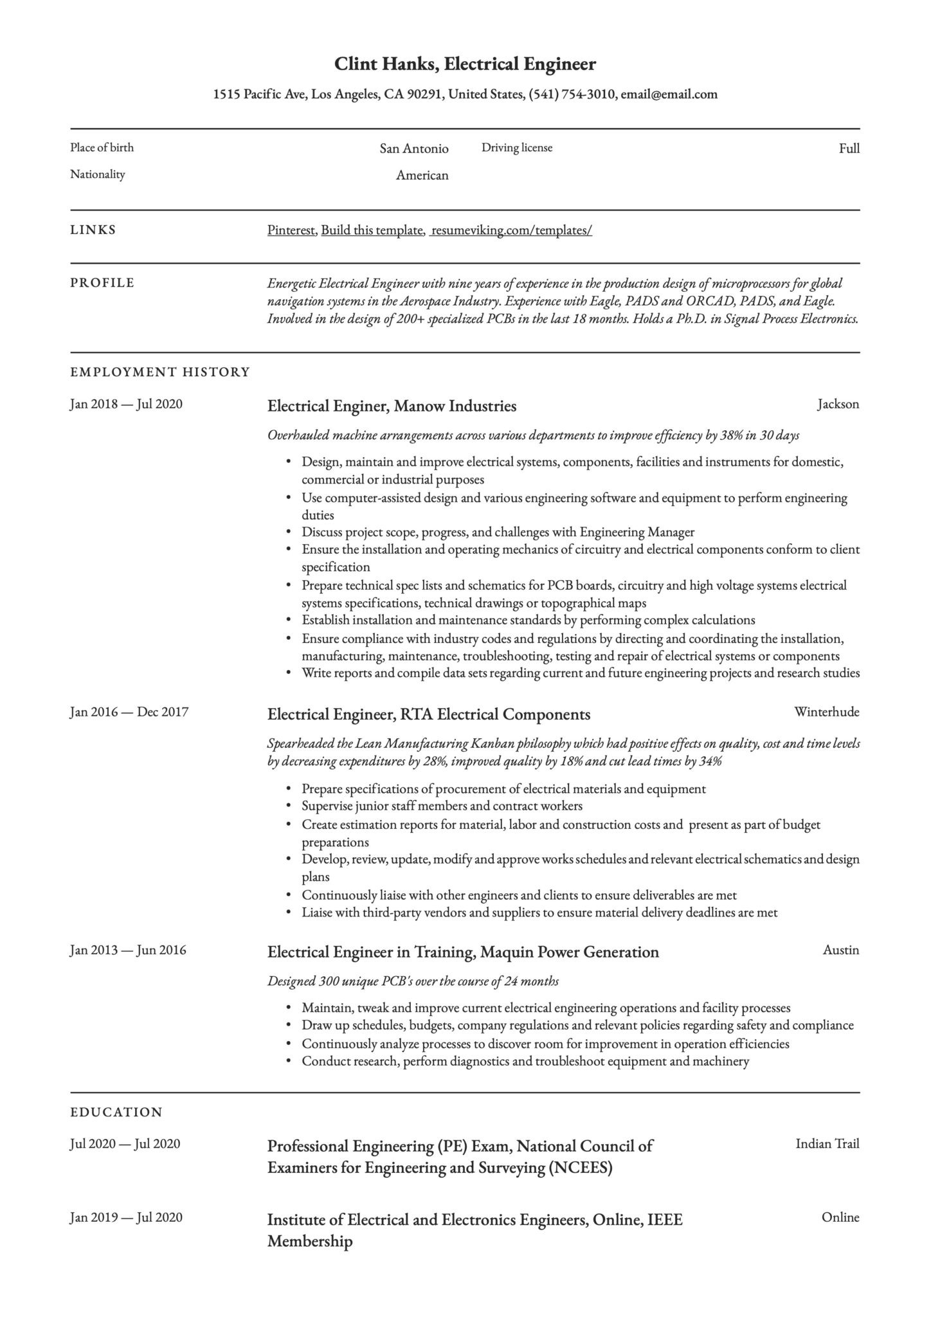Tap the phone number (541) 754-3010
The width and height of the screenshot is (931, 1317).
coord(572,95)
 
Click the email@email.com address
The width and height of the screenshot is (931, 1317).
coord(669,95)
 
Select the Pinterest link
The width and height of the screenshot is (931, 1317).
coord(291,230)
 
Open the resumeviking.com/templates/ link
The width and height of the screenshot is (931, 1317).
coord(512,230)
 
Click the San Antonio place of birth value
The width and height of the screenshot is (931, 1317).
coord(413,149)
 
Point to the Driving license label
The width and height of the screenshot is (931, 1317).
coord(517,148)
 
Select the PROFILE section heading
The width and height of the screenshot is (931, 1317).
coord(102,283)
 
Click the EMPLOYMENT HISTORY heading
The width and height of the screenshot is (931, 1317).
coord(159,372)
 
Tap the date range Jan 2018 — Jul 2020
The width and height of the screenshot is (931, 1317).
coord(126,404)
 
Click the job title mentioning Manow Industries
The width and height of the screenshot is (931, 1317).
coord(392,406)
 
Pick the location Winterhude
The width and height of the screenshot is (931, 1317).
coord(826,712)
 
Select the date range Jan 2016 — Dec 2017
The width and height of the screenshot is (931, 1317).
coord(129,712)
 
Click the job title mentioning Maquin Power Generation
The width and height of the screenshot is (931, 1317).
coord(463,952)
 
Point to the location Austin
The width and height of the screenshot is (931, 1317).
coord(840,950)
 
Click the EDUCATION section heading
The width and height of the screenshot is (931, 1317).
coord(116,1112)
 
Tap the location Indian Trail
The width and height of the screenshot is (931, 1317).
coord(827,1143)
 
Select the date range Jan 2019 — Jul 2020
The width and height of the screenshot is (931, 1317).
coord(126,1217)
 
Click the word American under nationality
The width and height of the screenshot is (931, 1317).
coord(422,175)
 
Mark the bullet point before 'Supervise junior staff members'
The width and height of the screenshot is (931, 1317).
coord(288,806)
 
